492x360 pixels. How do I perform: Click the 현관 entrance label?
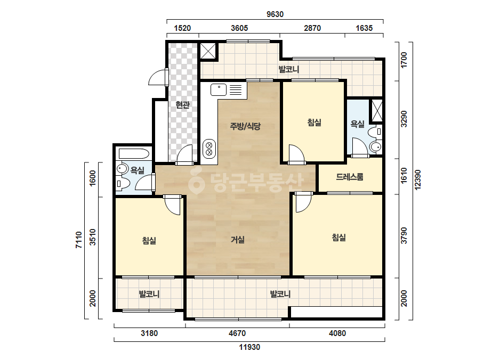pos(183,104)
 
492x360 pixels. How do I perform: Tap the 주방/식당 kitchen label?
pos(245,126)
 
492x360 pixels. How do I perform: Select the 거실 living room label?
pos(238,240)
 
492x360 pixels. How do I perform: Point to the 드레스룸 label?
pos(350,177)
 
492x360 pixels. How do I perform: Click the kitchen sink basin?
pos(219,89)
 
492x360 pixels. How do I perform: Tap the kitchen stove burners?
pos(209,149)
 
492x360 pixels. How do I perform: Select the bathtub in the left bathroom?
pos(134,154)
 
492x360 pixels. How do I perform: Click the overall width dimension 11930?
pos(250,347)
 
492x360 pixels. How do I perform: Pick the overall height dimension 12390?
pos(417,179)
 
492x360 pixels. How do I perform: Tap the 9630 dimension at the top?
pos(275,14)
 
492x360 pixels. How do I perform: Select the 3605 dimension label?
pos(239,28)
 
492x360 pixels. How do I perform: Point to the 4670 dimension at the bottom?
pos(237,333)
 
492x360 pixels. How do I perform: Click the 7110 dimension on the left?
pos(79,240)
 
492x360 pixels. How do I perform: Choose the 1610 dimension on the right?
pos(404,175)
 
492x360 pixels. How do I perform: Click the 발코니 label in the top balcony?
pos(289,69)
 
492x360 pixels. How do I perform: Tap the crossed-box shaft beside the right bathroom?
pos(377,110)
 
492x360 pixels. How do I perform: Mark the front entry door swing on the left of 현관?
pos(158,77)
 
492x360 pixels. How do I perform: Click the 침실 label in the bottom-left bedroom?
pos(149,241)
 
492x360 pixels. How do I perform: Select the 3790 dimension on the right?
pos(404,235)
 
